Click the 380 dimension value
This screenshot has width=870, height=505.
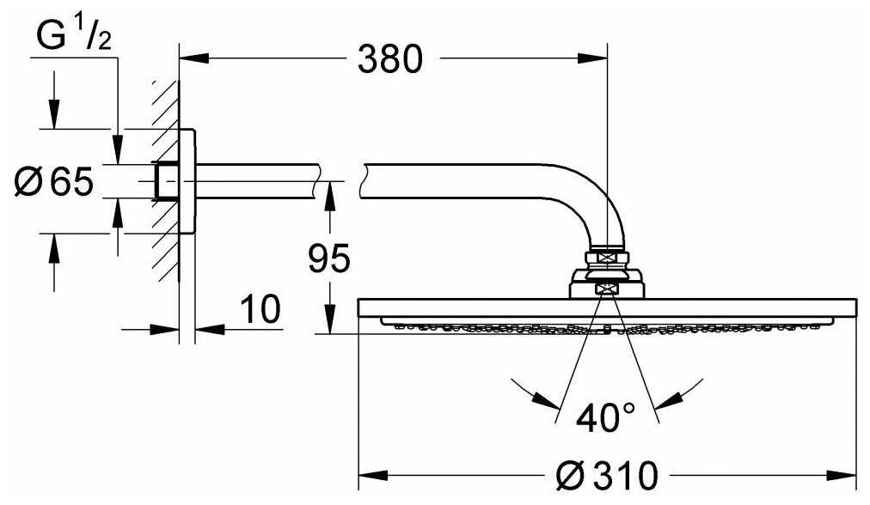click(389, 59)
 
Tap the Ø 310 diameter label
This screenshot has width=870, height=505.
click(606, 475)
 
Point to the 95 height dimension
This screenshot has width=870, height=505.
click(329, 259)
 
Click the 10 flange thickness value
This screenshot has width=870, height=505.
click(261, 309)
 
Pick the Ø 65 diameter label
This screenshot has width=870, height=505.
click(54, 181)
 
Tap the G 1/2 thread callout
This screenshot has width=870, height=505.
click(73, 36)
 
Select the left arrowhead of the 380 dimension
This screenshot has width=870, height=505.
click(194, 58)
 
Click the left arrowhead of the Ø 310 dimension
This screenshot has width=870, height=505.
click(373, 475)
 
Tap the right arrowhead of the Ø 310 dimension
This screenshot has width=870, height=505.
click(842, 475)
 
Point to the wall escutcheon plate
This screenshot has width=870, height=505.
click(187, 181)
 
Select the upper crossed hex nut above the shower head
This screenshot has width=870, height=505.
click(607, 257)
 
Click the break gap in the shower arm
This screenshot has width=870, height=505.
click(340, 181)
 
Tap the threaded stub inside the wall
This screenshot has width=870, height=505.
click(166, 181)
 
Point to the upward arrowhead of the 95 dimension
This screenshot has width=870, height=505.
click(329, 196)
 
